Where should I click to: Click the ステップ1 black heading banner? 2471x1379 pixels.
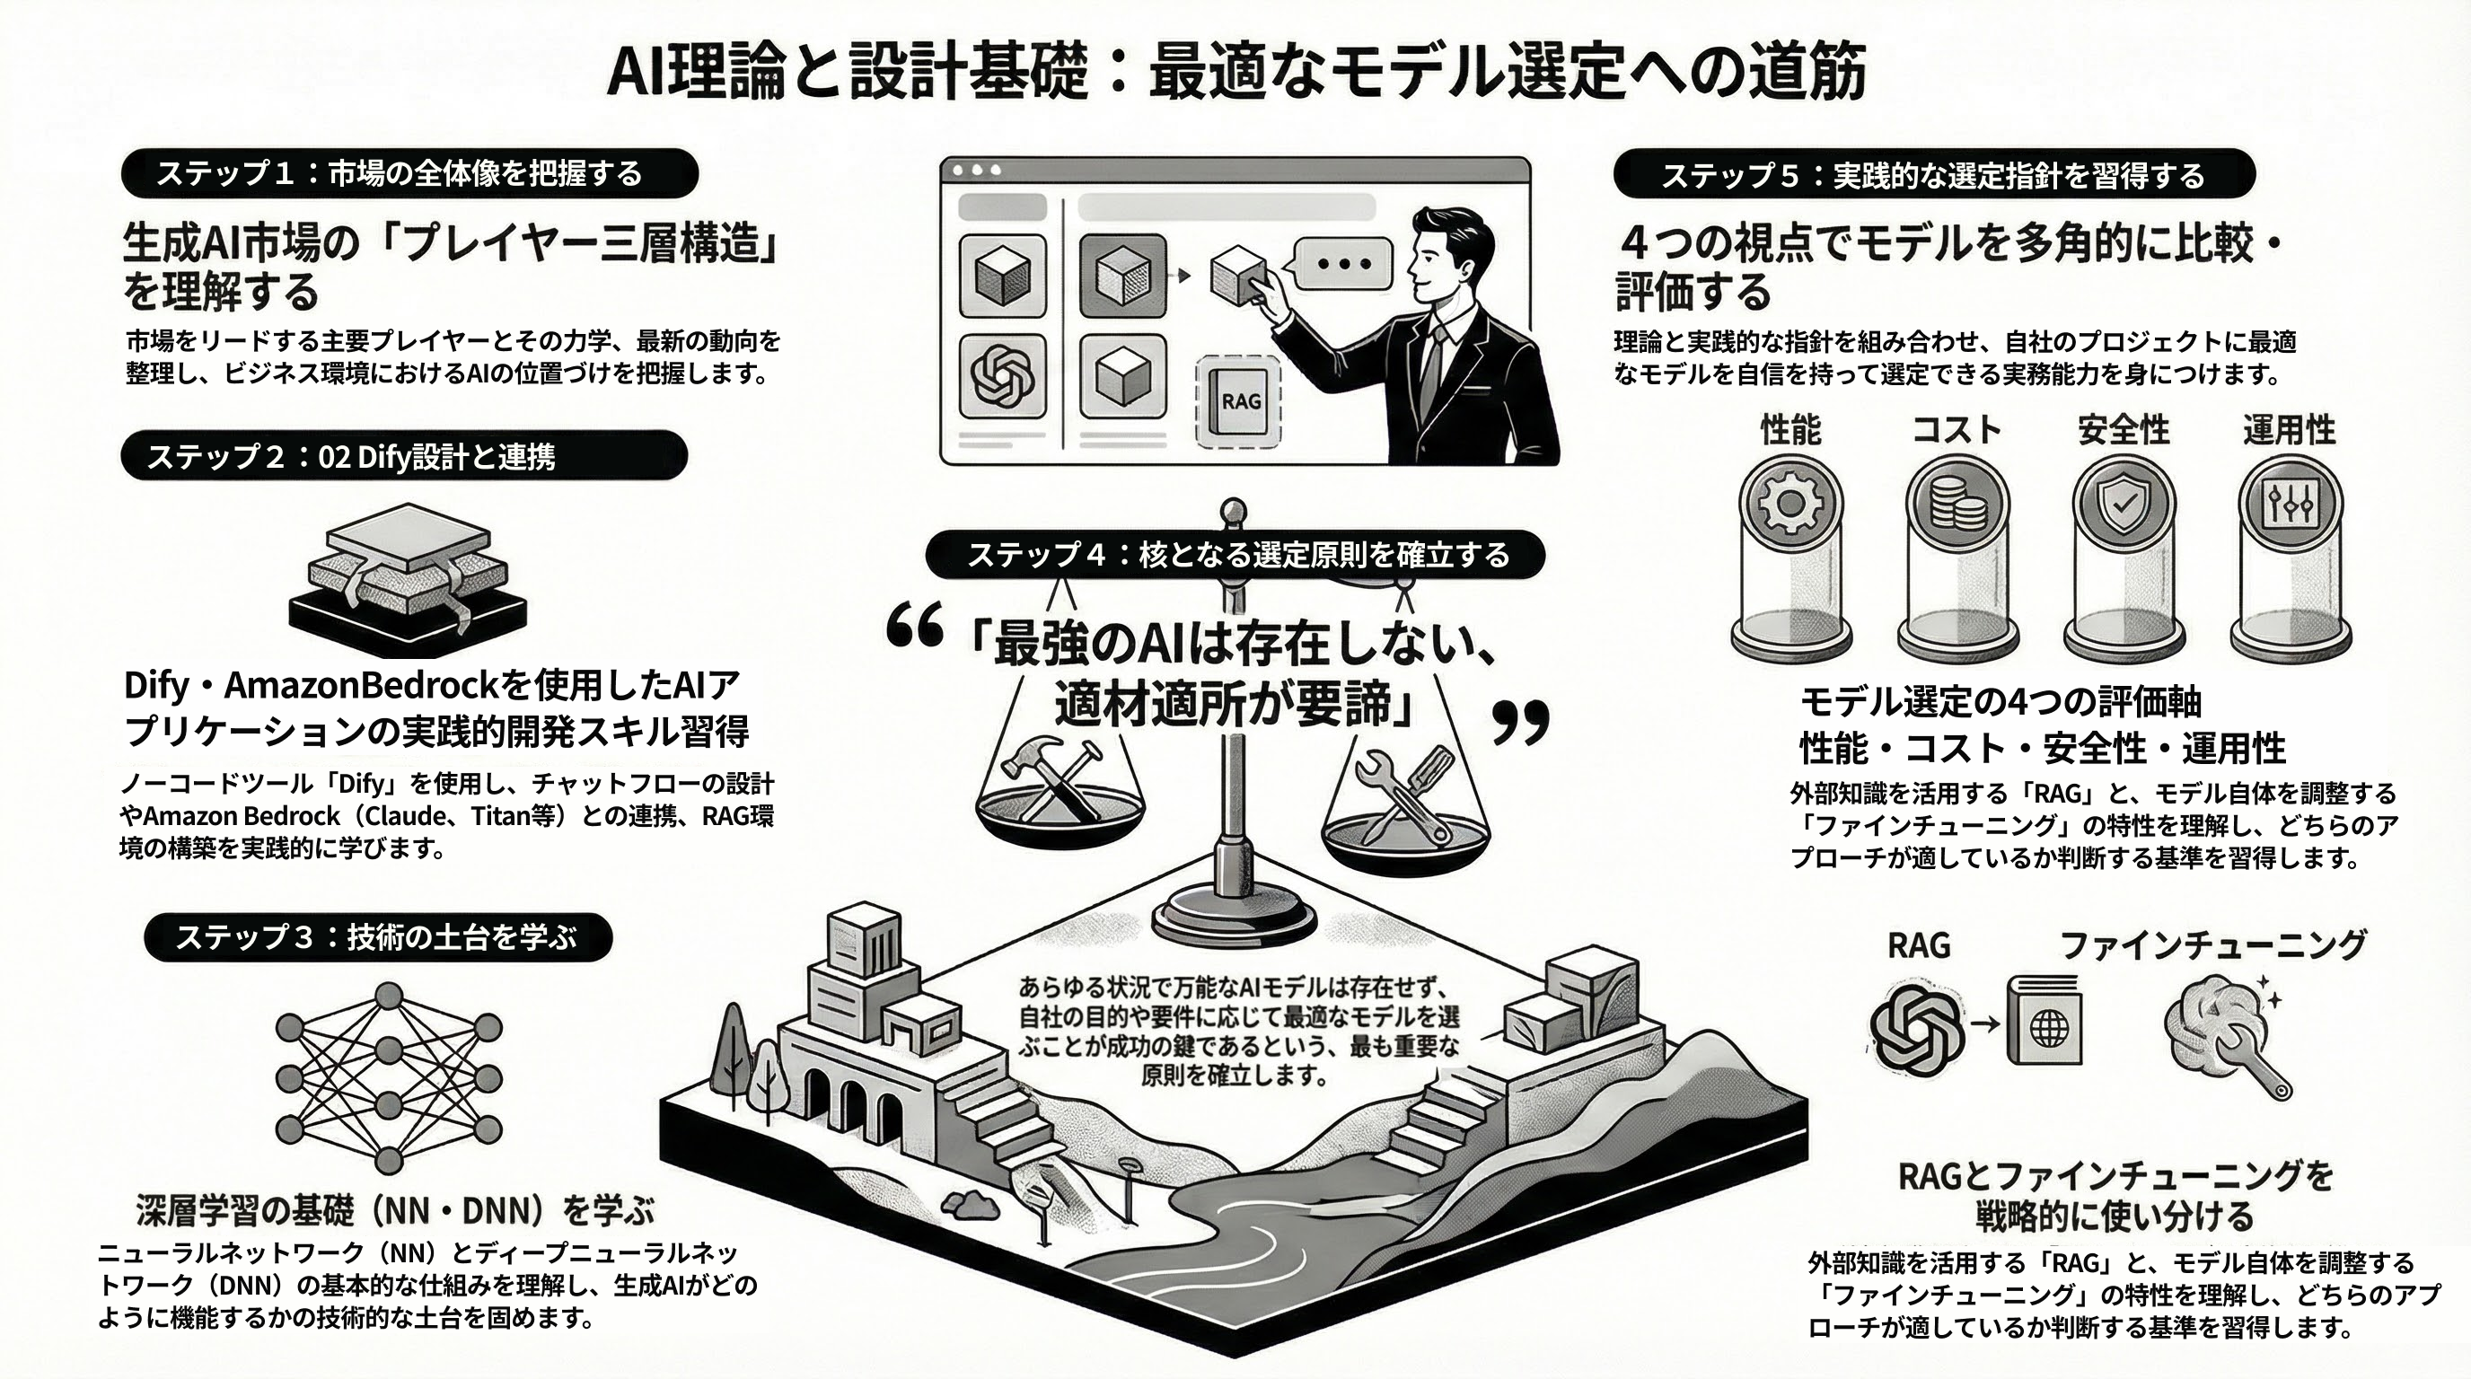[409, 173]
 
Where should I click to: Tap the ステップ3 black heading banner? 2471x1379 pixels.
[378, 937]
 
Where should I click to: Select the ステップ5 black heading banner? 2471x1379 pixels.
[1934, 175]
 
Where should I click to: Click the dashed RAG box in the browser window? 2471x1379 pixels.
[1239, 402]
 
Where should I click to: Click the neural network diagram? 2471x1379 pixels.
[389, 1078]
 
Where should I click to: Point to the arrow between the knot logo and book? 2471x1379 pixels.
[1984, 1024]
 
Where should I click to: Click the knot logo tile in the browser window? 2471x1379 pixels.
[1002, 376]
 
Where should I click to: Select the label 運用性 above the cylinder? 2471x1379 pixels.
[2289, 430]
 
